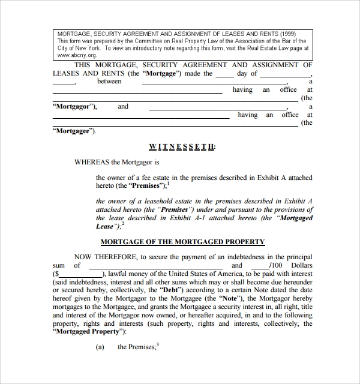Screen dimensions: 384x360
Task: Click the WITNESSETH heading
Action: coord(182,146)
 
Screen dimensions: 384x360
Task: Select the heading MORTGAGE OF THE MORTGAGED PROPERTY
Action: coord(182,242)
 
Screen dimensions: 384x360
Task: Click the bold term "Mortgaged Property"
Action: coord(88,331)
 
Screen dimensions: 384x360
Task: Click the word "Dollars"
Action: coord(301,265)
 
